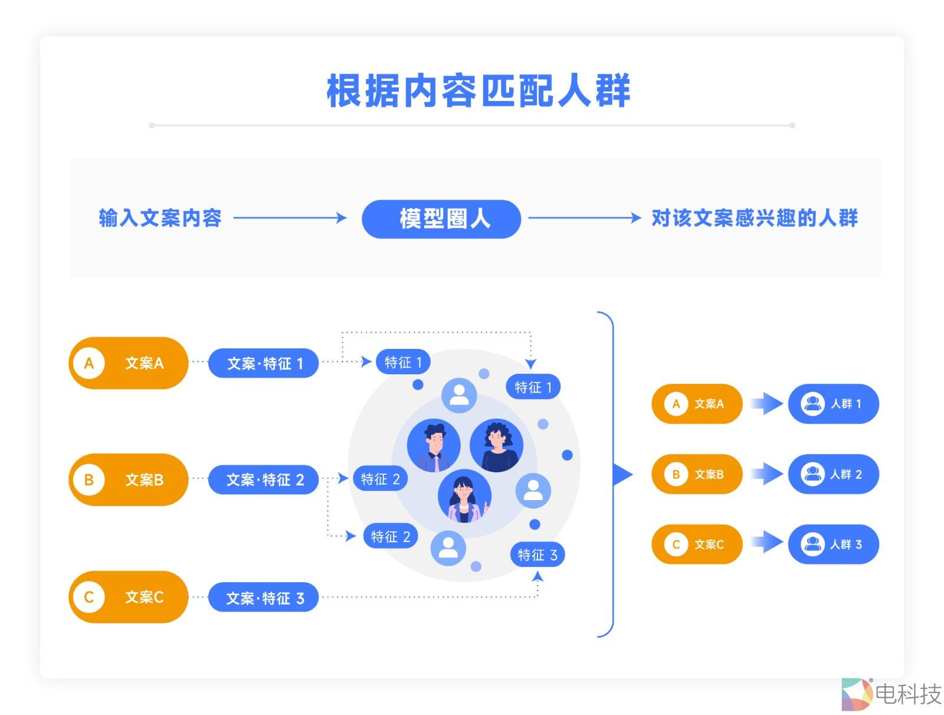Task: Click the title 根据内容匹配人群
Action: coord(478,91)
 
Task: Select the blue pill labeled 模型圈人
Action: coord(441,219)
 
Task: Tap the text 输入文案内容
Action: coord(160,218)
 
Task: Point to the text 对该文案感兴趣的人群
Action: coord(754,218)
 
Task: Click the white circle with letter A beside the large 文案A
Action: coord(89,363)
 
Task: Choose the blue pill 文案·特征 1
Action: coord(264,363)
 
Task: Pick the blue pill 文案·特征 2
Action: coord(264,479)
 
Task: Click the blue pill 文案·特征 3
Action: coord(264,598)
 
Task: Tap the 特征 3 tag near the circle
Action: coord(537,555)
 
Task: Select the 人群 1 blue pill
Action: coord(833,404)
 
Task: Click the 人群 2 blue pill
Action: coord(833,474)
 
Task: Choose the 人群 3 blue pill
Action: coord(833,544)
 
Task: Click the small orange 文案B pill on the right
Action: coord(697,474)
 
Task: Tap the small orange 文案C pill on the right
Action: coord(697,544)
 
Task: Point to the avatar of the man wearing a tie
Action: coord(434,445)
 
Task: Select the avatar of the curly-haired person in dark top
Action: coord(497,445)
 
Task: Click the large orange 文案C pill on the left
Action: coord(129,597)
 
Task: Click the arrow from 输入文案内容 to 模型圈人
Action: coord(290,218)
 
